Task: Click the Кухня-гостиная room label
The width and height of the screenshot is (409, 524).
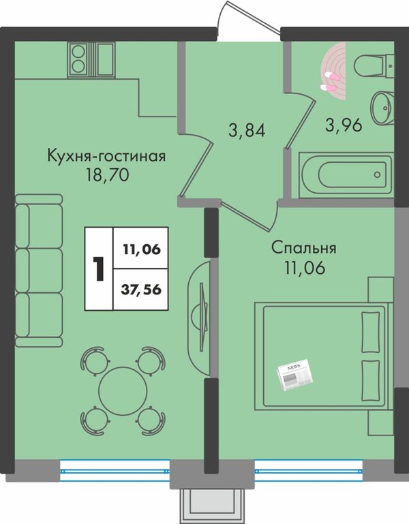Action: (x=107, y=156)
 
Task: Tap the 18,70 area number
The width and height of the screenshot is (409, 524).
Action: (x=107, y=174)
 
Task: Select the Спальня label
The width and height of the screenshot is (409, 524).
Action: (x=303, y=249)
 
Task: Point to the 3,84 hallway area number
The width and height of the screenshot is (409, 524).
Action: (x=247, y=130)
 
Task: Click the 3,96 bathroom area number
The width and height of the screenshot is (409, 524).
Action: (x=344, y=125)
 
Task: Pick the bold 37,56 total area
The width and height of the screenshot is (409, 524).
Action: (x=141, y=290)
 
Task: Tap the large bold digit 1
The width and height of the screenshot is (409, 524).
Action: (x=99, y=268)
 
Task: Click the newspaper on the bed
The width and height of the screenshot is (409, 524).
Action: (x=295, y=374)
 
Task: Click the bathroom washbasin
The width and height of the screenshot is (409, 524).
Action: (x=382, y=108)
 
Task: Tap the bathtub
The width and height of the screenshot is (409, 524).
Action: (x=346, y=175)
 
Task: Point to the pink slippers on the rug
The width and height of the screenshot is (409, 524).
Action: (x=329, y=82)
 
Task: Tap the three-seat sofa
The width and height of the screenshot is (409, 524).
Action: (x=39, y=271)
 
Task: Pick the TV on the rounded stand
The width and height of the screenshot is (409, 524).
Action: (x=202, y=317)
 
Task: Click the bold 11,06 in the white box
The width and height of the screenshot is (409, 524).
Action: (x=142, y=249)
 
